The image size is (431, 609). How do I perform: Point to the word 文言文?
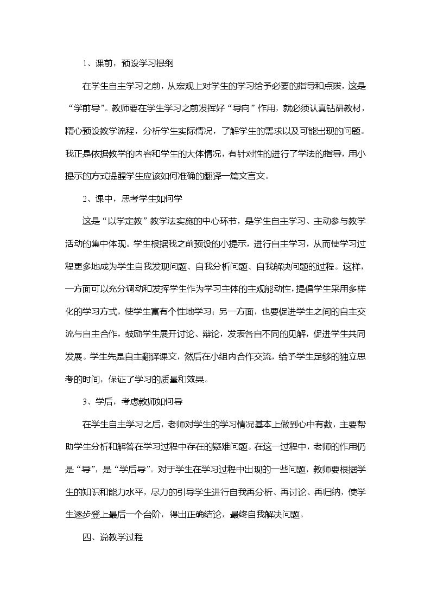pyautogui.click(x=263, y=176)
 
